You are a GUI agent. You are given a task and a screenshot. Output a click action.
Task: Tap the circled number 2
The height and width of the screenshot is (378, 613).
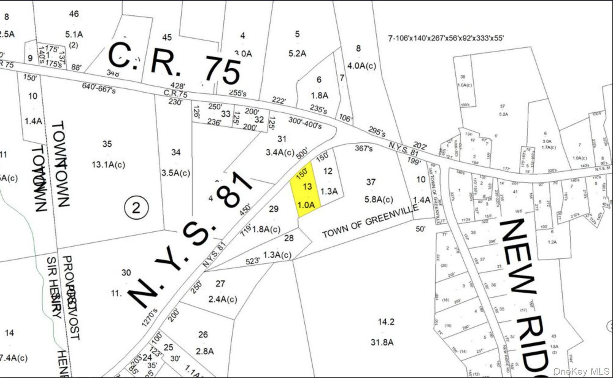[x=136, y=208]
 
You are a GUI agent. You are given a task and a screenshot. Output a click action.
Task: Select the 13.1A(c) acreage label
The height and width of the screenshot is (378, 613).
[x=108, y=165]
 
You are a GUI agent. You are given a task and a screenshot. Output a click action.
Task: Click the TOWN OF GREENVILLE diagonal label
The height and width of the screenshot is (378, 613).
[x=370, y=221]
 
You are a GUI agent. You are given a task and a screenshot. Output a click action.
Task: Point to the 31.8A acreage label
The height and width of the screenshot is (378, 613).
[x=382, y=342]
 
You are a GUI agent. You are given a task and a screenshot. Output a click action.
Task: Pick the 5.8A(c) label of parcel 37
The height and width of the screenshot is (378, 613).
[x=379, y=199]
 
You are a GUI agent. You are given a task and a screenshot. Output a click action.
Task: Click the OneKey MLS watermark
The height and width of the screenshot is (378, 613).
[x=581, y=371]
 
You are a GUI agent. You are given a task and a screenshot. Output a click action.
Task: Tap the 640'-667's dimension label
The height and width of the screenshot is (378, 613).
[x=99, y=88]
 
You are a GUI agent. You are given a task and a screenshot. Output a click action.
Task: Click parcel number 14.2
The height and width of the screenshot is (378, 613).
[x=386, y=322]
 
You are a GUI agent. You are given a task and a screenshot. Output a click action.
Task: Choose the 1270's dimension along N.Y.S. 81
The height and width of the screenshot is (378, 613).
[x=150, y=317]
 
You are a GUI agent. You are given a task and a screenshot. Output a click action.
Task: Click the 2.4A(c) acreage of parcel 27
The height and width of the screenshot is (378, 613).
[x=223, y=299]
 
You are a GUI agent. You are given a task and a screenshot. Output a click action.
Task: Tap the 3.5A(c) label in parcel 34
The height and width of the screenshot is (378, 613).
[x=176, y=173]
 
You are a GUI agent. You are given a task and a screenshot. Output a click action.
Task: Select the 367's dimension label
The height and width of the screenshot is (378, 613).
[x=364, y=148]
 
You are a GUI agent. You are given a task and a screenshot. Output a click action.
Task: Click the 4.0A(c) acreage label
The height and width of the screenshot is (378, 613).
[x=361, y=66]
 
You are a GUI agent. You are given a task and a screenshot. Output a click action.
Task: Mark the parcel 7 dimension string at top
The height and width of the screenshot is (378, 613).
[x=446, y=38]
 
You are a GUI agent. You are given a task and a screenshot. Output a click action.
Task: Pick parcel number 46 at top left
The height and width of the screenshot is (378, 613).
[x=74, y=14]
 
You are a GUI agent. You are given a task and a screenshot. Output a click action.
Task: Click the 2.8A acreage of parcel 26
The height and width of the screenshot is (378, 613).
[x=205, y=351]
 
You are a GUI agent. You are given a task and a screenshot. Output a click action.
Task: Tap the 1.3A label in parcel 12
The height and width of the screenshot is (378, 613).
[x=329, y=191]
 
